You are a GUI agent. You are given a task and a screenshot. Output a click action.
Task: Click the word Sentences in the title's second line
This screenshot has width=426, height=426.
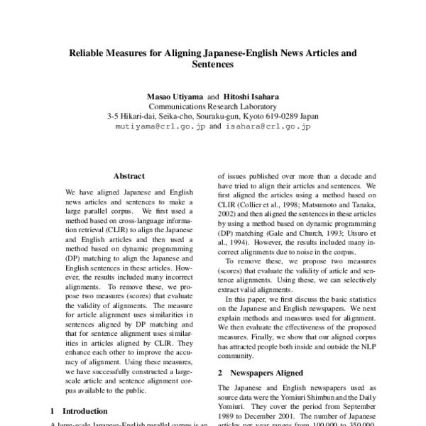click(x=213, y=64)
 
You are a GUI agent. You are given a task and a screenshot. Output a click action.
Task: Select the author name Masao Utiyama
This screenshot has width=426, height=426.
click(x=174, y=95)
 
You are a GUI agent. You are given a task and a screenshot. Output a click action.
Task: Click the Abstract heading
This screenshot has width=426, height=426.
click(x=129, y=176)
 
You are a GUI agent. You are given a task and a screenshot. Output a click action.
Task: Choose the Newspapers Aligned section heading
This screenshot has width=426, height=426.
click(x=269, y=373)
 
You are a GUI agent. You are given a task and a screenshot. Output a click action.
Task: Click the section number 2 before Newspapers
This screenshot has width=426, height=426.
click(x=220, y=373)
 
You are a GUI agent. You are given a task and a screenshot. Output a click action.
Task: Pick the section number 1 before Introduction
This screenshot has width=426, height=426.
click(x=54, y=410)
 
